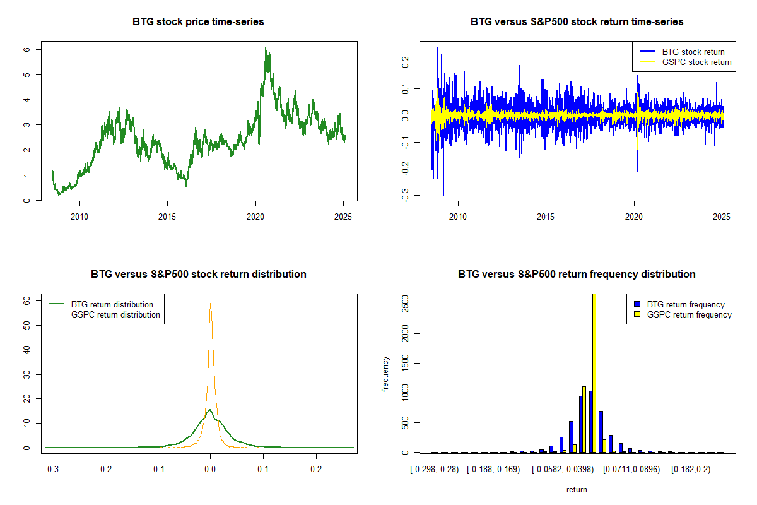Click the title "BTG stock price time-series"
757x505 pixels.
coord(198,21)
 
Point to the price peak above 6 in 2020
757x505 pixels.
coord(266,48)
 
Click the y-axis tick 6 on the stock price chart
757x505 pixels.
coord(28,49)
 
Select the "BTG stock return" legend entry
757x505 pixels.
coord(693,52)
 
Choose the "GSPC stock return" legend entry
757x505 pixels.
coord(696,62)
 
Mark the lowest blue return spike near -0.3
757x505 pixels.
coord(443,194)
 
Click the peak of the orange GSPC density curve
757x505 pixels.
coord(211,303)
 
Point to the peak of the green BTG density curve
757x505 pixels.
coord(209,410)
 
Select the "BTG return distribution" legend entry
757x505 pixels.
coord(112,304)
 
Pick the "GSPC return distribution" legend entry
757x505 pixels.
coord(115,314)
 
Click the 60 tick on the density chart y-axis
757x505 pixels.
coord(28,301)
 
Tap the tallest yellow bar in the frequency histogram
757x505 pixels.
coord(594,372)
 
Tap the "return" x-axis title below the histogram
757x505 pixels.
coord(577,489)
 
